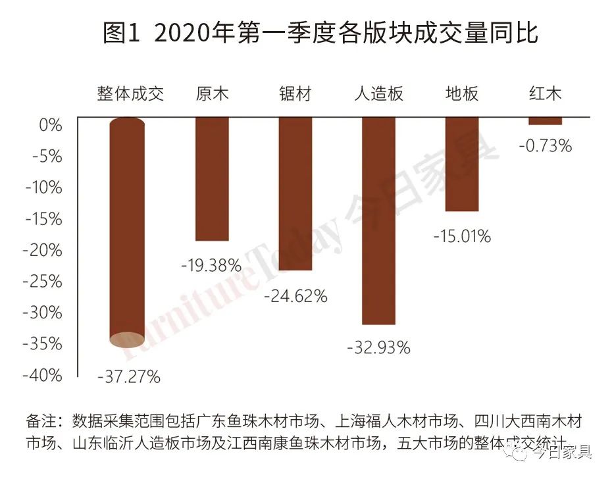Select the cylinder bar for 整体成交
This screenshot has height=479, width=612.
(x=127, y=230)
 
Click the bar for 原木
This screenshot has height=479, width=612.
(x=212, y=179)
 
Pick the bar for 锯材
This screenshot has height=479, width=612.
(x=295, y=194)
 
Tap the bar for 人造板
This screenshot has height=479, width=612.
(x=378, y=220)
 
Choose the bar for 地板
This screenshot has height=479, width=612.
(x=461, y=164)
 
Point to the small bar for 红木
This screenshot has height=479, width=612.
(x=545, y=121)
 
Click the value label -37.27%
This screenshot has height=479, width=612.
(x=129, y=377)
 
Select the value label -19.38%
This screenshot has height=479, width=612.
(x=211, y=266)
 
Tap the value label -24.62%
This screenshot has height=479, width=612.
(x=295, y=296)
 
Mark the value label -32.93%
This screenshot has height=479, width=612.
(x=378, y=347)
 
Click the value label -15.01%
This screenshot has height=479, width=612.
(x=462, y=236)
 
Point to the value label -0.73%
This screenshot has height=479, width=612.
(x=545, y=146)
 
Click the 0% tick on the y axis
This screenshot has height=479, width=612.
(x=49, y=125)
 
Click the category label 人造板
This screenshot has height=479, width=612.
(x=378, y=93)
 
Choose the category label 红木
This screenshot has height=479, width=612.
(x=545, y=93)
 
